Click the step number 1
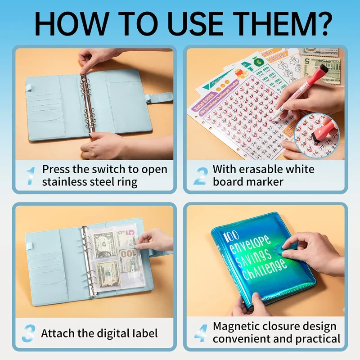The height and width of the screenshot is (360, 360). click(30, 175)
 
